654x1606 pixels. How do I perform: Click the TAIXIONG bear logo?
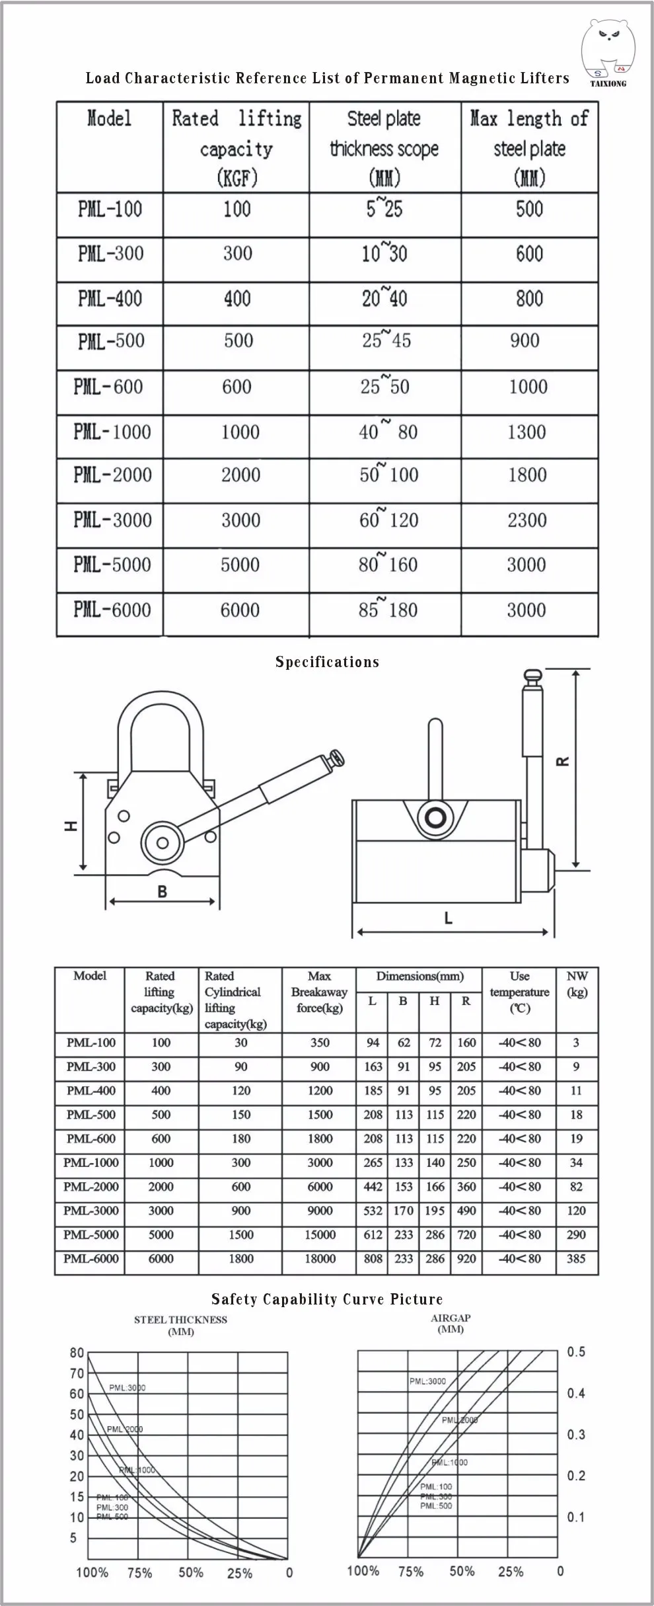pyautogui.click(x=608, y=53)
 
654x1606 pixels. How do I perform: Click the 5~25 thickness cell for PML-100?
pyautogui.click(x=384, y=210)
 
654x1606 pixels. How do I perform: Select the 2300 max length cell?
pyautogui.click(x=527, y=520)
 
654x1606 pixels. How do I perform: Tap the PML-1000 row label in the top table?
pyautogui.click(x=112, y=432)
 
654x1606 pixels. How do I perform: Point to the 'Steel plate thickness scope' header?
pyautogui.click(x=384, y=147)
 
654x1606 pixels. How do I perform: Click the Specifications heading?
pyautogui.click(x=327, y=662)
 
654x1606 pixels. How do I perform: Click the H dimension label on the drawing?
pyautogui.click(x=71, y=826)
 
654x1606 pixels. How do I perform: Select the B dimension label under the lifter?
pyautogui.click(x=162, y=892)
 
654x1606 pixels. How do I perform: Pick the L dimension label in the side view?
pyautogui.click(x=449, y=918)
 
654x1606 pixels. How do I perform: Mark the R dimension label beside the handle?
pyautogui.click(x=563, y=761)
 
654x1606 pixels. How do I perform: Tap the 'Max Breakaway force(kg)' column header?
pyautogui.click(x=319, y=992)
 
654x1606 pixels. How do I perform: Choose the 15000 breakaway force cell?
pyautogui.click(x=320, y=1234)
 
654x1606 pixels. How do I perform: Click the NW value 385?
pyautogui.click(x=576, y=1258)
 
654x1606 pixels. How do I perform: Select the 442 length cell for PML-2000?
pyautogui.click(x=373, y=1186)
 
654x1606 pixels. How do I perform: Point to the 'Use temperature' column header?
pyautogui.click(x=519, y=992)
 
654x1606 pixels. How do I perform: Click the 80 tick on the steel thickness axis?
pyautogui.click(x=77, y=1353)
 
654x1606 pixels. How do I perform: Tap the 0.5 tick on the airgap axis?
pyautogui.click(x=576, y=1351)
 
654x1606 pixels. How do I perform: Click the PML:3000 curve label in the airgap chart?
pyautogui.click(x=427, y=1381)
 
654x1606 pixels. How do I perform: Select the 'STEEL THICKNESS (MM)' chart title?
pyautogui.click(x=180, y=1325)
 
